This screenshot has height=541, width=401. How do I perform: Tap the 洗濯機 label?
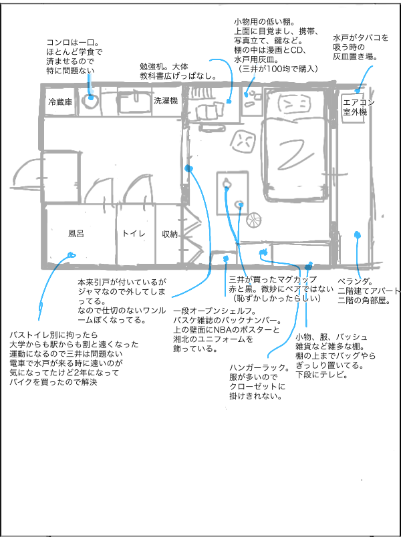tap(165, 101)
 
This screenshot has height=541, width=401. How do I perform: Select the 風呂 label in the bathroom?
tap(76, 234)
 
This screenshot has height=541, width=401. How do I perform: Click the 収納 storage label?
tap(170, 234)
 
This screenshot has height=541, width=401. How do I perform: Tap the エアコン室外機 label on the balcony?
tap(354, 107)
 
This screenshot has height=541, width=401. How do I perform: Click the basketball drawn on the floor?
tap(255, 219)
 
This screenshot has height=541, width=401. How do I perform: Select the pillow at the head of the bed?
tap(293, 104)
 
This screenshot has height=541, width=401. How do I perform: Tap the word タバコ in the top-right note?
tap(375, 38)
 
